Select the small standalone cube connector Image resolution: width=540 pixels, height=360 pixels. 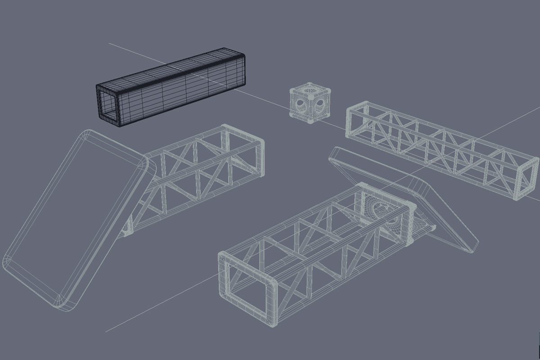pos(310,103)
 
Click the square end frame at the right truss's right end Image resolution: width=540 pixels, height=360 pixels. pos(526,179)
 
